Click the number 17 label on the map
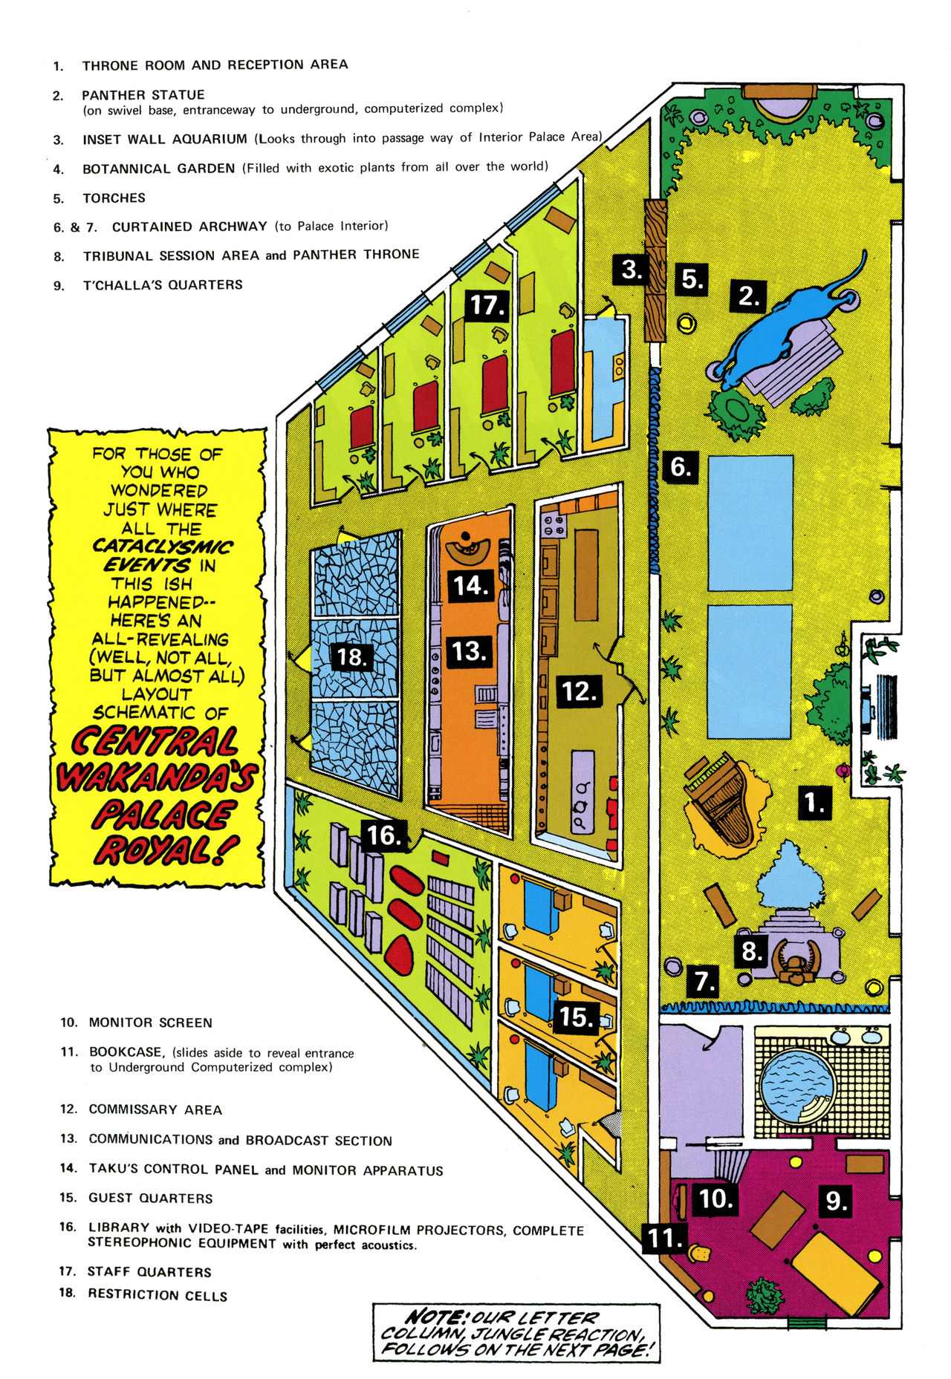pos(487,305)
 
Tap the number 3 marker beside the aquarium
pos(632,269)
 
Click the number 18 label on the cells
pos(351,657)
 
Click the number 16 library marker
pos(384,835)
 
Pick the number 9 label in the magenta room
pos(837,1200)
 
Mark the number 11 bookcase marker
pos(663,1238)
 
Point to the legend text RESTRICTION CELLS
pos(158,1294)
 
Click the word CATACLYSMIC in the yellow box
pos(162,547)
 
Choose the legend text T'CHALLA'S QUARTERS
pos(163,285)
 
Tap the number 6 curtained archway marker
pos(681,467)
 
